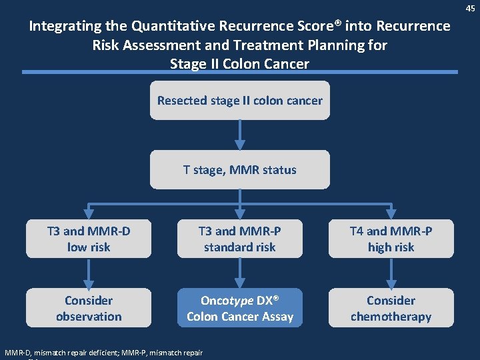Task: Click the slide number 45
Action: pyautogui.click(x=471, y=8)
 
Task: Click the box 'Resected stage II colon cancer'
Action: pyautogui.click(x=239, y=101)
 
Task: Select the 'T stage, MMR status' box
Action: pyautogui.click(x=239, y=169)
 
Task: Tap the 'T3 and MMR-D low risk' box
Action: pyautogui.click(x=89, y=239)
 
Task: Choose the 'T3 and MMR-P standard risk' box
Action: pyautogui.click(x=239, y=239)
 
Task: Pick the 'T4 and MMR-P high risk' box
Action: pyautogui.click(x=391, y=239)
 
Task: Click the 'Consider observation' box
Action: pyautogui.click(x=89, y=308)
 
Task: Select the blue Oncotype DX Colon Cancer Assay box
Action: pyautogui.click(x=239, y=308)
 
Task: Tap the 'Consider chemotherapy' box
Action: pyautogui.click(x=391, y=308)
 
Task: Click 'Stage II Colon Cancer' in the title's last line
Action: pyautogui.click(x=239, y=64)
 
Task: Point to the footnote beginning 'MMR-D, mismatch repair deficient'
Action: pyautogui.click(x=103, y=352)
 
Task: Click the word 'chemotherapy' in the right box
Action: pyautogui.click(x=391, y=317)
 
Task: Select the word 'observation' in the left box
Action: pyautogui.click(x=89, y=317)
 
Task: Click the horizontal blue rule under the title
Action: pyautogui.click(x=239, y=72)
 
